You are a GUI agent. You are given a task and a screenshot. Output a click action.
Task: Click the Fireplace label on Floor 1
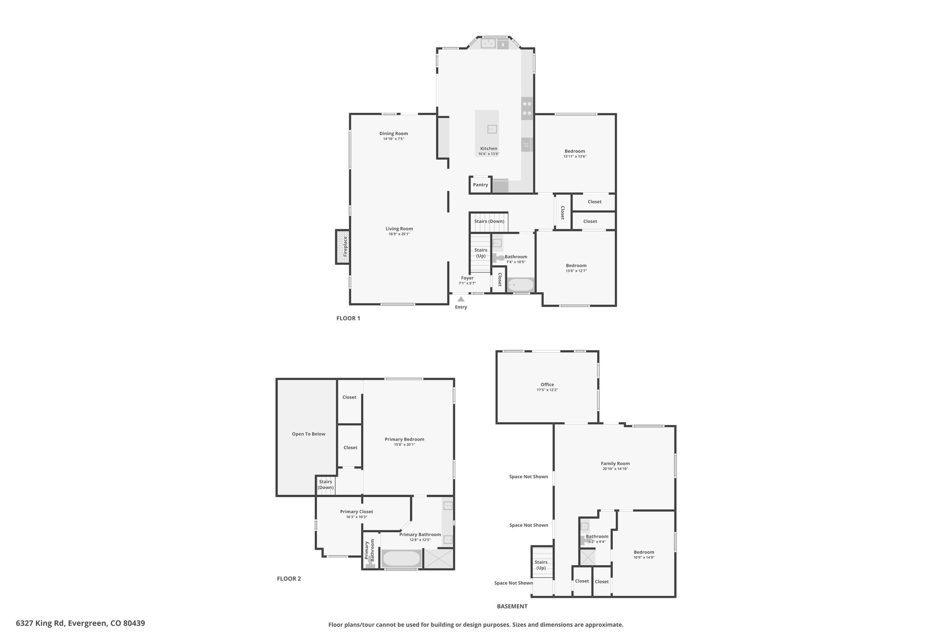345,247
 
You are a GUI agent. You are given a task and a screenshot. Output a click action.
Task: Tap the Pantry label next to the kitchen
480,185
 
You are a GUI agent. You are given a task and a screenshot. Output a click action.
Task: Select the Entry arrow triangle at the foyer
461,299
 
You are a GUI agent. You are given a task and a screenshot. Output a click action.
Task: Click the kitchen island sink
492,129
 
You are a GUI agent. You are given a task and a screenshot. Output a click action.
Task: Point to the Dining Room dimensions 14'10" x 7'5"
394,139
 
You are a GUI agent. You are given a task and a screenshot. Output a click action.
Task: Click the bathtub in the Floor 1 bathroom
521,285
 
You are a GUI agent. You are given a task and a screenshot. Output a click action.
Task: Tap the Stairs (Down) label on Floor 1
489,221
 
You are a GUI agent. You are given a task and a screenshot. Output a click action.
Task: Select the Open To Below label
309,434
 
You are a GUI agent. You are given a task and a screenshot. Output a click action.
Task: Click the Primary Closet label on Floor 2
357,511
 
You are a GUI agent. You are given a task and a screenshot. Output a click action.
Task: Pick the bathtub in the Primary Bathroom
401,558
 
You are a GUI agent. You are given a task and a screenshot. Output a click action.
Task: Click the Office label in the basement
547,385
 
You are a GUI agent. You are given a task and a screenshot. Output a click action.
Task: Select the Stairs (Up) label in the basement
541,565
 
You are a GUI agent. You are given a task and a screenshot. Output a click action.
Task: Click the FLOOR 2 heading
289,579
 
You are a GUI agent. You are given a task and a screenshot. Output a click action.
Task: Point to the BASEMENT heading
512,606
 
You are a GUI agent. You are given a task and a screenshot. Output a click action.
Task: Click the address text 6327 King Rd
41,623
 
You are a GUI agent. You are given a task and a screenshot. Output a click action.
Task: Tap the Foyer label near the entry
467,278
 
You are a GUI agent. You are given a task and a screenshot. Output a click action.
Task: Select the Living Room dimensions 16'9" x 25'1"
399,234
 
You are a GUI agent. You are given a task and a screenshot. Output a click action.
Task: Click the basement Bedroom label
644,552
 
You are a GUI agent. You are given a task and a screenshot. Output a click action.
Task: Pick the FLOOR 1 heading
348,318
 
